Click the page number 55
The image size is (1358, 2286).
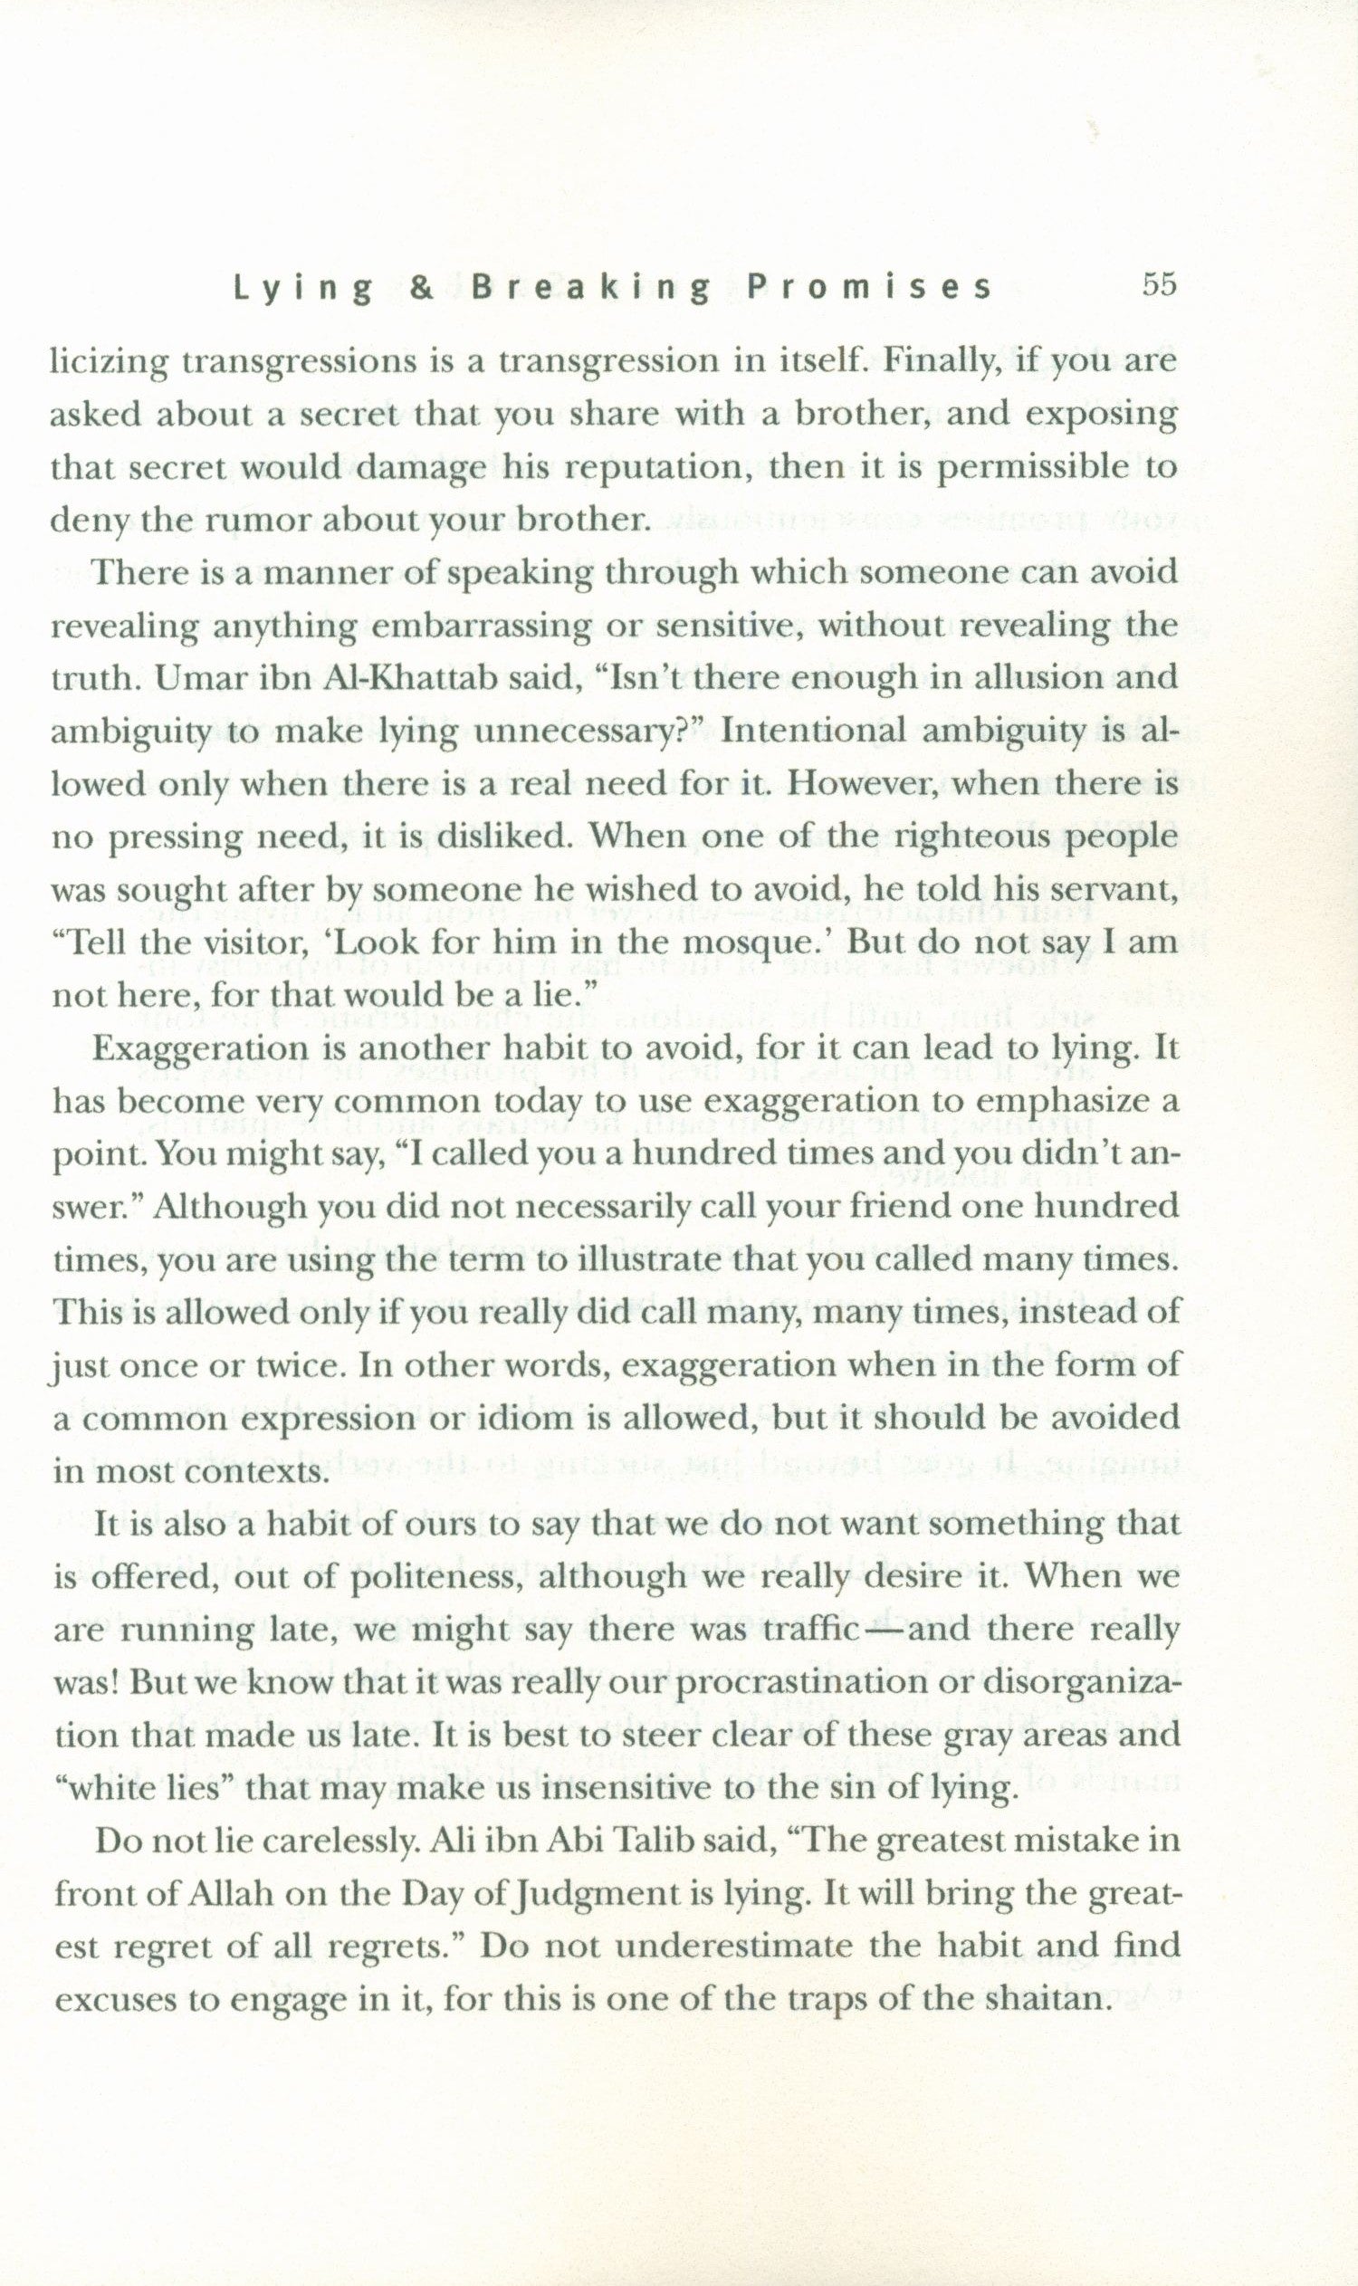pyautogui.click(x=1157, y=284)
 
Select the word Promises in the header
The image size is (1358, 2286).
pyautogui.click(x=869, y=288)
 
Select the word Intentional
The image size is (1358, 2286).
pyautogui.click(x=810, y=732)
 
